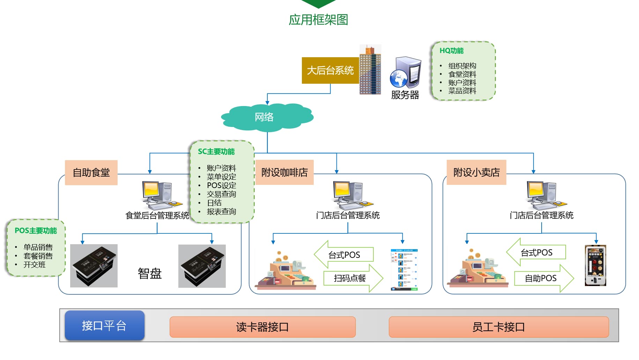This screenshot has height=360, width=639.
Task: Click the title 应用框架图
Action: pyautogui.click(x=318, y=20)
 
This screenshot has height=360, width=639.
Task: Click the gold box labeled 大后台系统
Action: pyautogui.click(x=330, y=70)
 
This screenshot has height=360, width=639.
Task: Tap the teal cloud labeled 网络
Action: pyautogui.click(x=265, y=117)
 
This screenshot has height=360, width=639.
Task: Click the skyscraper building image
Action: pyautogui.click(x=370, y=70)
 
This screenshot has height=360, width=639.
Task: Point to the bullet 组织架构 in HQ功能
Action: pyautogui.click(x=462, y=66)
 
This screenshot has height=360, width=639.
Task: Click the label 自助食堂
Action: pyautogui.click(x=91, y=172)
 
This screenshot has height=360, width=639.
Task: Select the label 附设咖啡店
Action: pyautogui.click(x=284, y=172)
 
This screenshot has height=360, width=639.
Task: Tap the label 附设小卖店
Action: pyautogui.click(x=476, y=172)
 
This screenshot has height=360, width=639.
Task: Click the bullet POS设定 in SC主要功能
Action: pyautogui.click(x=221, y=186)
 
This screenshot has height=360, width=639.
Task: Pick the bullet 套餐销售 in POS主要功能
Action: pyautogui.click(x=38, y=256)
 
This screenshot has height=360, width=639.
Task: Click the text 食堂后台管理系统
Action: pyautogui.click(x=157, y=216)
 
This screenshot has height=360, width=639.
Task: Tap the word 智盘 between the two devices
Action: pyautogui.click(x=149, y=273)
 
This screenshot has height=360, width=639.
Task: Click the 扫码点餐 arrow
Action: pyautogui.click(x=351, y=278)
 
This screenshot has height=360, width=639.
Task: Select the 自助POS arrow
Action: pyautogui.click(x=542, y=278)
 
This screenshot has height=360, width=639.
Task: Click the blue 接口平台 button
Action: pyautogui.click(x=104, y=325)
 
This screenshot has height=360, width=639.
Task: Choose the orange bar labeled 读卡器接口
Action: pyautogui.click(x=262, y=327)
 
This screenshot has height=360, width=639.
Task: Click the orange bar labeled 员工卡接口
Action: pyautogui.click(x=498, y=327)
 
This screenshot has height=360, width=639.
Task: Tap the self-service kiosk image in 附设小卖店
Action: pyautogui.click(x=595, y=265)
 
